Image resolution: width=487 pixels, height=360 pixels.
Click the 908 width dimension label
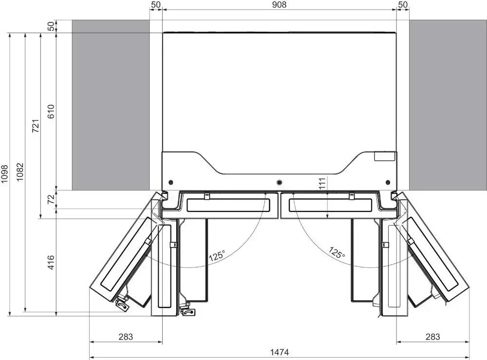(279, 5)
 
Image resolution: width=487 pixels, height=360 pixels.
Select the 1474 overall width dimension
(280, 352)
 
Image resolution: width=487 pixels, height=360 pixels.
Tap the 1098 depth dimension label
(5, 173)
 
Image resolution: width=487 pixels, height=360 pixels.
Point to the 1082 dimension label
(20, 172)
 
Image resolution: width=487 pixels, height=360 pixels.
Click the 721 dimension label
(36, 126)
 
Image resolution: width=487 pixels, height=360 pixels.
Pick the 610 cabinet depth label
(51, 112)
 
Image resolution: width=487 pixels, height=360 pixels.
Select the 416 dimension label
(51, 263)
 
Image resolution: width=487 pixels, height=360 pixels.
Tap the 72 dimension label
(52, 199)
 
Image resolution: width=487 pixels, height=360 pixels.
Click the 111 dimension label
(322, 183)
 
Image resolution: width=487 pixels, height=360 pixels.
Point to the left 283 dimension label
(126, 337)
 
